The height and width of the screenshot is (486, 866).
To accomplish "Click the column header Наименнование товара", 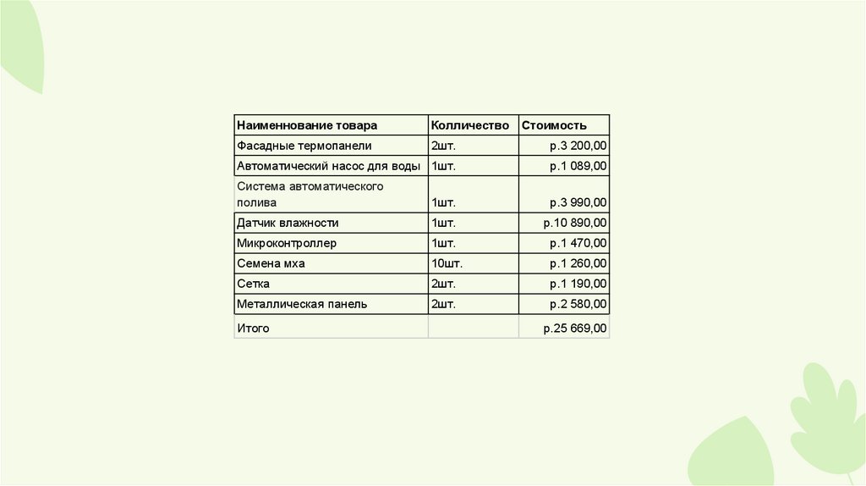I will [x=307, y=125].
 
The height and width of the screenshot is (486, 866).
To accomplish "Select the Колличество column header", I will [x=470, y=125].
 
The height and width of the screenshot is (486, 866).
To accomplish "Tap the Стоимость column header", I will [x=554, y=125].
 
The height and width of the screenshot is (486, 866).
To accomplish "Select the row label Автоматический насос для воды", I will [x=329, y=166].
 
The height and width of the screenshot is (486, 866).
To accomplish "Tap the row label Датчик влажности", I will [x=288, y=223].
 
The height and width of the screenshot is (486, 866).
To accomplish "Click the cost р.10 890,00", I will [x=575, y=223].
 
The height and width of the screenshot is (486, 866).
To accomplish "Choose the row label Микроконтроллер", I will [x=287, y=243].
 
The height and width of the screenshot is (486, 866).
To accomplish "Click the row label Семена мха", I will [x=271, y=263].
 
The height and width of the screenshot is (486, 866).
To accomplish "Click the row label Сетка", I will [x=254, y=284].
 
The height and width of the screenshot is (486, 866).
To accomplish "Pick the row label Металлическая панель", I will [x=302, y=304].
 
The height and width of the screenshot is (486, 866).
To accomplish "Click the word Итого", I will [x=253, y=328].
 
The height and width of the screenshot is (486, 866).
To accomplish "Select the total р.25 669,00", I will [x=575, y=328].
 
